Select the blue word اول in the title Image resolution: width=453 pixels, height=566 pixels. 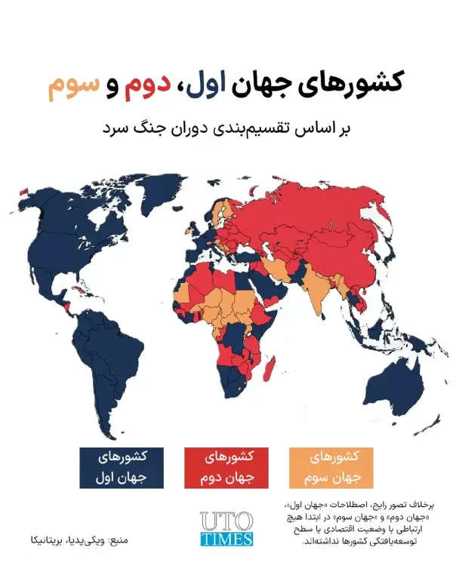pos(218,87)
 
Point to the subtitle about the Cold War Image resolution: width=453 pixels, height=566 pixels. pos(226,127)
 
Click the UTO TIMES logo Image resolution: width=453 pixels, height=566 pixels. pos(226,528)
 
